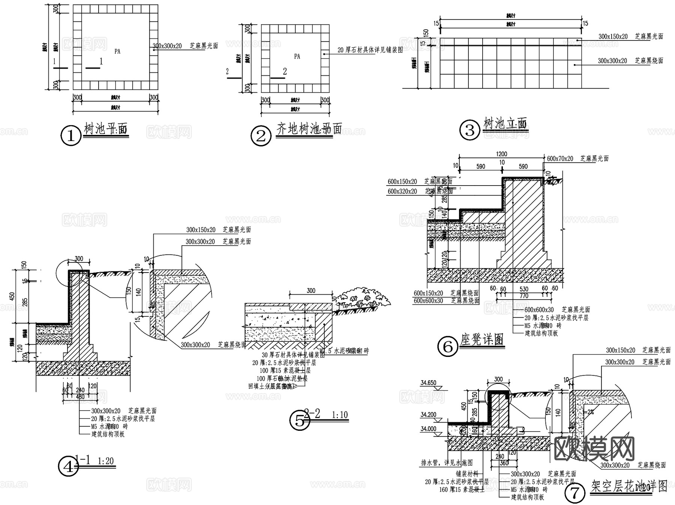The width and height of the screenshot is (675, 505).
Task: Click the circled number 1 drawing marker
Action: [x=70, y=136]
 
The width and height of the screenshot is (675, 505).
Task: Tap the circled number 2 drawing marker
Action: [x=261, y=136]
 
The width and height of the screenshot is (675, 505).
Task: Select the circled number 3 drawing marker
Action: [x=469, y=130]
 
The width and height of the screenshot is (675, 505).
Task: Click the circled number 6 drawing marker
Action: [x=448, y=347]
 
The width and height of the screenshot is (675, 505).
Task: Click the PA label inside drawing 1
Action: [x=117, y=51]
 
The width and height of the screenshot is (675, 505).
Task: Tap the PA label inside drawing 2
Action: [x=297, y=57]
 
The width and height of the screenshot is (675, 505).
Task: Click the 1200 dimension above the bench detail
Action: [x=501, y=154]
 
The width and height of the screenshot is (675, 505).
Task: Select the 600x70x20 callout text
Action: [x=560, y=159]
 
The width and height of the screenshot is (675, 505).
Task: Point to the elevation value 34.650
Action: [x=428, y=383]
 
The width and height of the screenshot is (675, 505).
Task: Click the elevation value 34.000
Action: [x=428, y=429]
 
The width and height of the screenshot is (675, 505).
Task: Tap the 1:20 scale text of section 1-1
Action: [x=105, y=461]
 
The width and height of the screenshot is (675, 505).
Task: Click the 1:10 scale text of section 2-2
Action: [x=340, y=415]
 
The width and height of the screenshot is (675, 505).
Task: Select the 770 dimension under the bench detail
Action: [x=524, y=296]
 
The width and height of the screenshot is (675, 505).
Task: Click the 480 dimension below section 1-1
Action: [x=80, y=397]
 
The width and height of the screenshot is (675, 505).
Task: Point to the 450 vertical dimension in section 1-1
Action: [x=12, y=296]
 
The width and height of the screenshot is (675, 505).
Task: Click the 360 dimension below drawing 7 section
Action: [x=504, y=463]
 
